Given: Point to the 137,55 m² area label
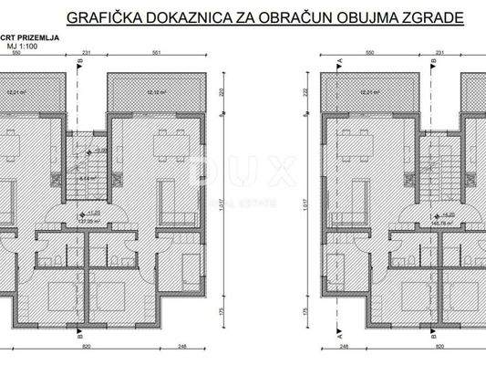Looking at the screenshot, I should tap(88, 220).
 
